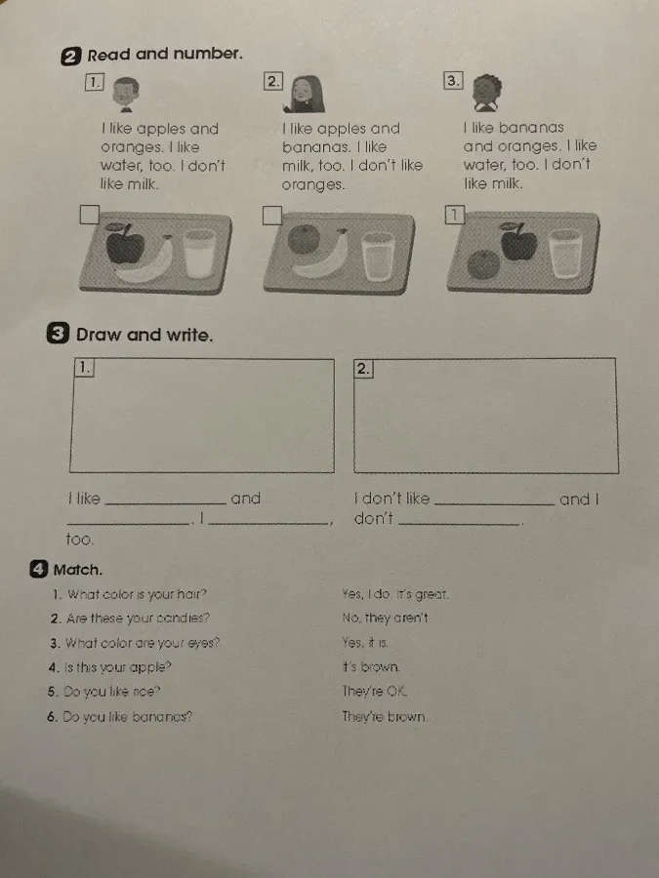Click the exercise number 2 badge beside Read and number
[70, 57]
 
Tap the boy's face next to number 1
[126, 93]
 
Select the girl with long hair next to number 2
[306, 94]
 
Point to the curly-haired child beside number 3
[486, 93]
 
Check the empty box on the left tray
[89, 215]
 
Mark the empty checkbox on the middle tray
[271, 216]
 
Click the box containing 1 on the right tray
[454, 215]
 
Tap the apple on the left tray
[124, 244]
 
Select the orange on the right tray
[483, 264]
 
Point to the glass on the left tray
[199, 253]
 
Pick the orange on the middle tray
[304, 240]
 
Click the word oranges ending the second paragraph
[313, 184]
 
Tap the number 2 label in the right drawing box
[363, 369]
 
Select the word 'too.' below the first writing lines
[80, 539]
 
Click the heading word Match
[78, 570]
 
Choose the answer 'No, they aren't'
[386, 618]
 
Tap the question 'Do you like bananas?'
[127, 717]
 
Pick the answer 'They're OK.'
[375, 692]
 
